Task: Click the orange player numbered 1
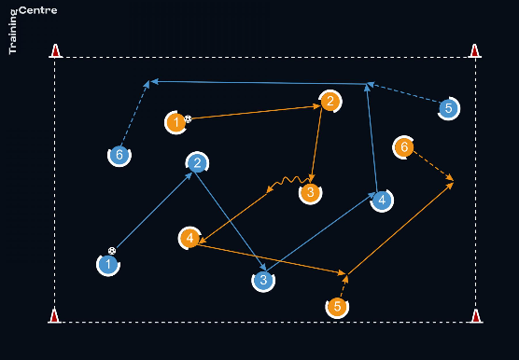(x=176, y=122)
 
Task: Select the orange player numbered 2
(x=330, y=102)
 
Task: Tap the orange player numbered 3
(x=311, y=192)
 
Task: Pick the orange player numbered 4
(x=189, y=238)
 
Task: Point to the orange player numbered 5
(x=337, y=307)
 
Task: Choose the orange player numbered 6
(x=404, y=147)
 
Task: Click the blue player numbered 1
(x=108, y=265)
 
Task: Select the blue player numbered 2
(x=197, y=163)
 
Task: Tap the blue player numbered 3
(x=263, y=281)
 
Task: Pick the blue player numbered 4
(x=382, y=201)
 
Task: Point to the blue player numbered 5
(x=448, y=108)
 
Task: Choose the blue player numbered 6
(x=119, y=155)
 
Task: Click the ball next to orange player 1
(x=188, y=119)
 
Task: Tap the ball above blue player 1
(x=112, y=251)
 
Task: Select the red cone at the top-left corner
(x=56, y=51)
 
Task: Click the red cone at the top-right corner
(x=475, y=51)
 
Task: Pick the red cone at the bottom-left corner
(x=54, y=316)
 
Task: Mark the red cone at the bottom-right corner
(x=476, y=316)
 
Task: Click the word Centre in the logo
(x=38, y=10)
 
